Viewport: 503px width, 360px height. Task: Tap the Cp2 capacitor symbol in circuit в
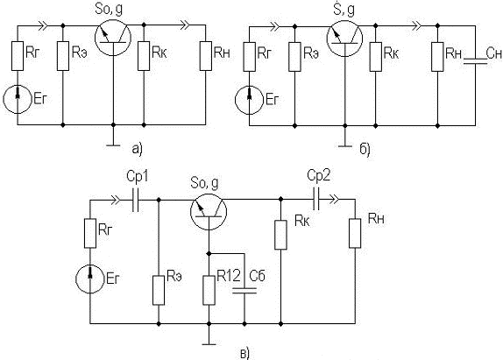tap(316, 200)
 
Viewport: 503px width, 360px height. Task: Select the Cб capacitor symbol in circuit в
tap(244, 291)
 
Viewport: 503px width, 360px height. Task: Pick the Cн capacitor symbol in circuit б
tap(475, 61)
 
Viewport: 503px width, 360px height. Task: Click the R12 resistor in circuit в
tap(209, 291)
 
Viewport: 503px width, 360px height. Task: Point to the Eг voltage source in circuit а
tap(18, 99)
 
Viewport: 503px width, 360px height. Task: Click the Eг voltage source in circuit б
tap(249, 100)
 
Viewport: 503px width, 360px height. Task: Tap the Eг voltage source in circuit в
tap(90, 279)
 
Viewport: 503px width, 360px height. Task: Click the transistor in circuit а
tap(113, 38)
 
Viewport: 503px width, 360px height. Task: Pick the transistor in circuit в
tap(209, 212)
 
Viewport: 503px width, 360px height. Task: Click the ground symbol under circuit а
tap(113, 145)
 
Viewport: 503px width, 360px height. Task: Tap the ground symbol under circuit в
tap(209, 344)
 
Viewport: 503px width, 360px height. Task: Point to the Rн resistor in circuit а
tap(206, 56)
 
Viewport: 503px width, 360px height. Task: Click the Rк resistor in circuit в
tap(280, 235)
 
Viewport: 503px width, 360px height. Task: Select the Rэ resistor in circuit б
tap(294, 56)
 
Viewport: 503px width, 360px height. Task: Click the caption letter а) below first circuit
tap(137, 149)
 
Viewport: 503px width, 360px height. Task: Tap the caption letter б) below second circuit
tap(365, 149)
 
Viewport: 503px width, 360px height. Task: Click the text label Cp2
tap(319, 176)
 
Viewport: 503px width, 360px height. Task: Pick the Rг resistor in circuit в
tap(90, 233)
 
